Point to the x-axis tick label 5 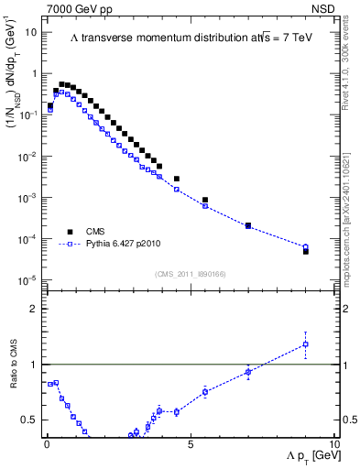[190, 443]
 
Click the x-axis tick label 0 [47, 443]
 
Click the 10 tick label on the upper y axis [30, 32]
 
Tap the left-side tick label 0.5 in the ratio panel [30, 420]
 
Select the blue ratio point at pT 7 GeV [248, 372]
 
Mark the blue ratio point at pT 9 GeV [306, 344]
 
